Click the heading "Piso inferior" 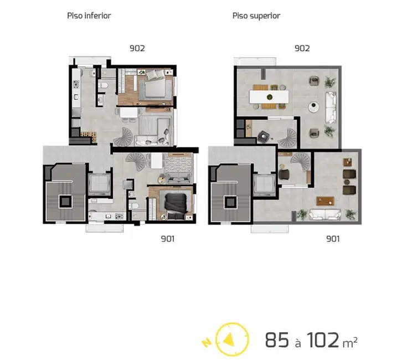89,16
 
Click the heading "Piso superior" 256,16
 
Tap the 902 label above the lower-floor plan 137,48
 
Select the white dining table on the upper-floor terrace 270,97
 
